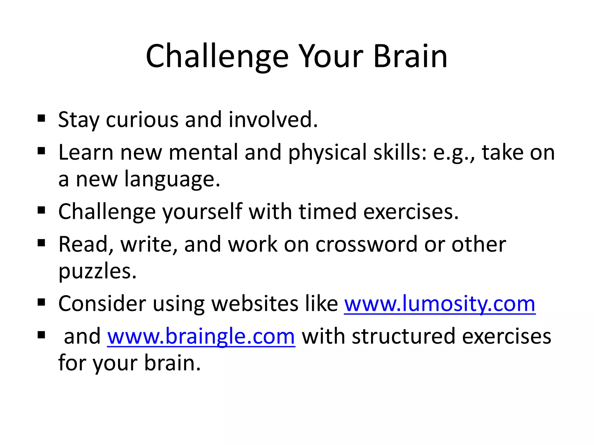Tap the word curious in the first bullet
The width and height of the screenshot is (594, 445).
point(142,119)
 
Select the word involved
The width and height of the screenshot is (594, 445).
point(273,119)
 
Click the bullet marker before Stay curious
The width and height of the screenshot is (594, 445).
point(41,118)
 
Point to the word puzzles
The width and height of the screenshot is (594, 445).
point(97,272)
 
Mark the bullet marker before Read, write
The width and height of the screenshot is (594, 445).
point(41,243)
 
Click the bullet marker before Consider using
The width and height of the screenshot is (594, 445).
point(41,302)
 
